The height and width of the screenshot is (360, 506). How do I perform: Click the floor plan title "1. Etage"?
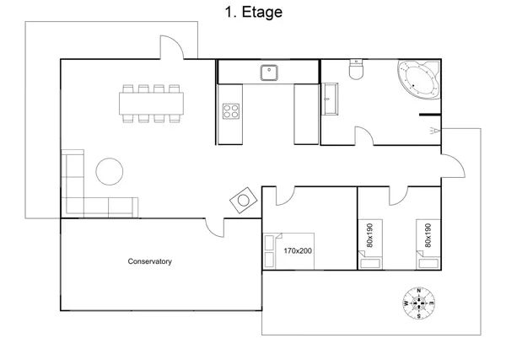253,13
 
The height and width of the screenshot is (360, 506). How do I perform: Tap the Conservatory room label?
150,261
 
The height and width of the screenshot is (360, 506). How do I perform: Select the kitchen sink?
269,73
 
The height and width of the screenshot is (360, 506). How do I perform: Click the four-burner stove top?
231,111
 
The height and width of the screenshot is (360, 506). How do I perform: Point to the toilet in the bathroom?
356,69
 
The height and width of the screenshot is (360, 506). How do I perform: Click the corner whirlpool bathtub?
419,79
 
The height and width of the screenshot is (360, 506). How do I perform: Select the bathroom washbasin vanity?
330,99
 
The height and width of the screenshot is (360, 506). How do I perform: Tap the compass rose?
419,303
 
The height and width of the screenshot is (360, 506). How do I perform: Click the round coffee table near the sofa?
110,172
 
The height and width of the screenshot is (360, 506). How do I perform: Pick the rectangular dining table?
151,104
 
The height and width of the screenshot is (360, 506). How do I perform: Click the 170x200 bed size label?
298,250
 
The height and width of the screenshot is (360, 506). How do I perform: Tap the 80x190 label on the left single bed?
370,235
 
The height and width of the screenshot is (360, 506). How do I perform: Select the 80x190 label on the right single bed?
428,235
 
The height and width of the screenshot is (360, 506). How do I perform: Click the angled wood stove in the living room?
244,201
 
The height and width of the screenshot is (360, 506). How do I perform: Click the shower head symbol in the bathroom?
434,131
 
